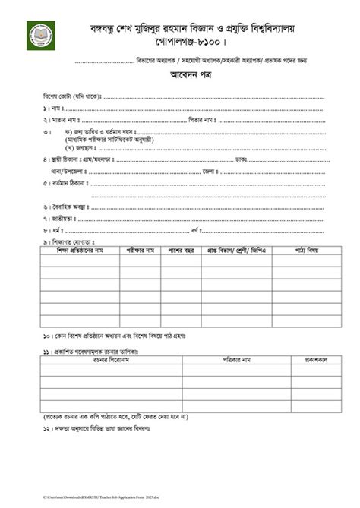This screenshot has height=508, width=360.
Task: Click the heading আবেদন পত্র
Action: [179, 78]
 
